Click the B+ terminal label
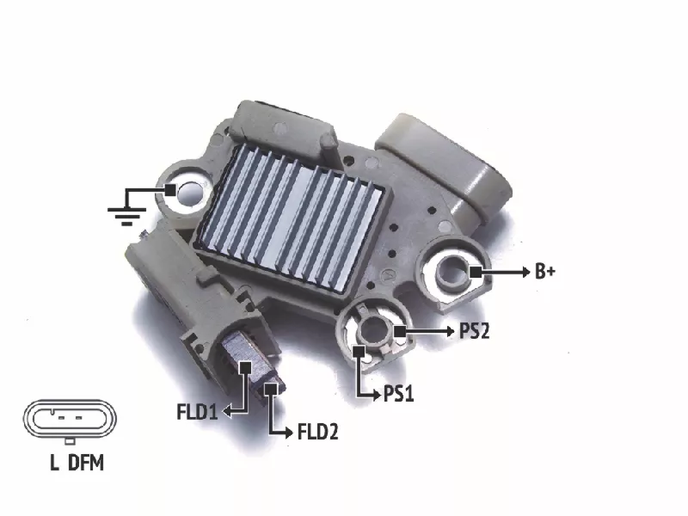pos(545,272)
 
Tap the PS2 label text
pos(474,331)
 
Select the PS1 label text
pos(398,394)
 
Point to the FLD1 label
pos(197,412)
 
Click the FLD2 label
pos(317,433)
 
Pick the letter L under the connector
pos(54,463)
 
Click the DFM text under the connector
pos(86,463)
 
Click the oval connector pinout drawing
pos(70,420)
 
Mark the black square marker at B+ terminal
pos(476,272)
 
